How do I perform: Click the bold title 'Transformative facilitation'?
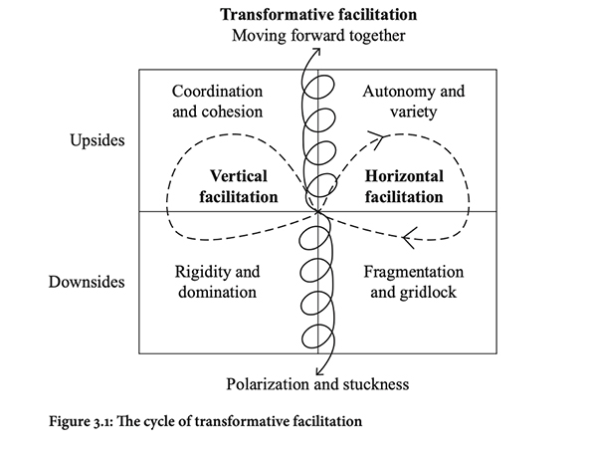[x=317, y=16]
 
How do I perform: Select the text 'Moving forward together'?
[x=317, y=37]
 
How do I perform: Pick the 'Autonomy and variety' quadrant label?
[x=414, y=102]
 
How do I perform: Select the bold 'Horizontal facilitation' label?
[x=403, y=186]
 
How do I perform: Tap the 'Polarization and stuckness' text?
[x=317, y=383]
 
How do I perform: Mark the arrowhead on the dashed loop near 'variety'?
[x=375, y=134]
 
